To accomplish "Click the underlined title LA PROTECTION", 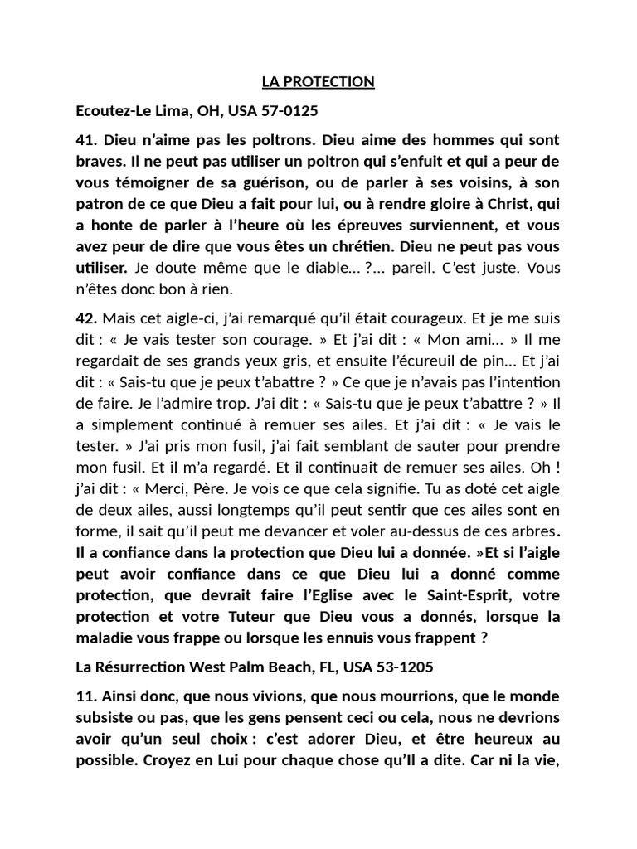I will pos(318,81).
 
